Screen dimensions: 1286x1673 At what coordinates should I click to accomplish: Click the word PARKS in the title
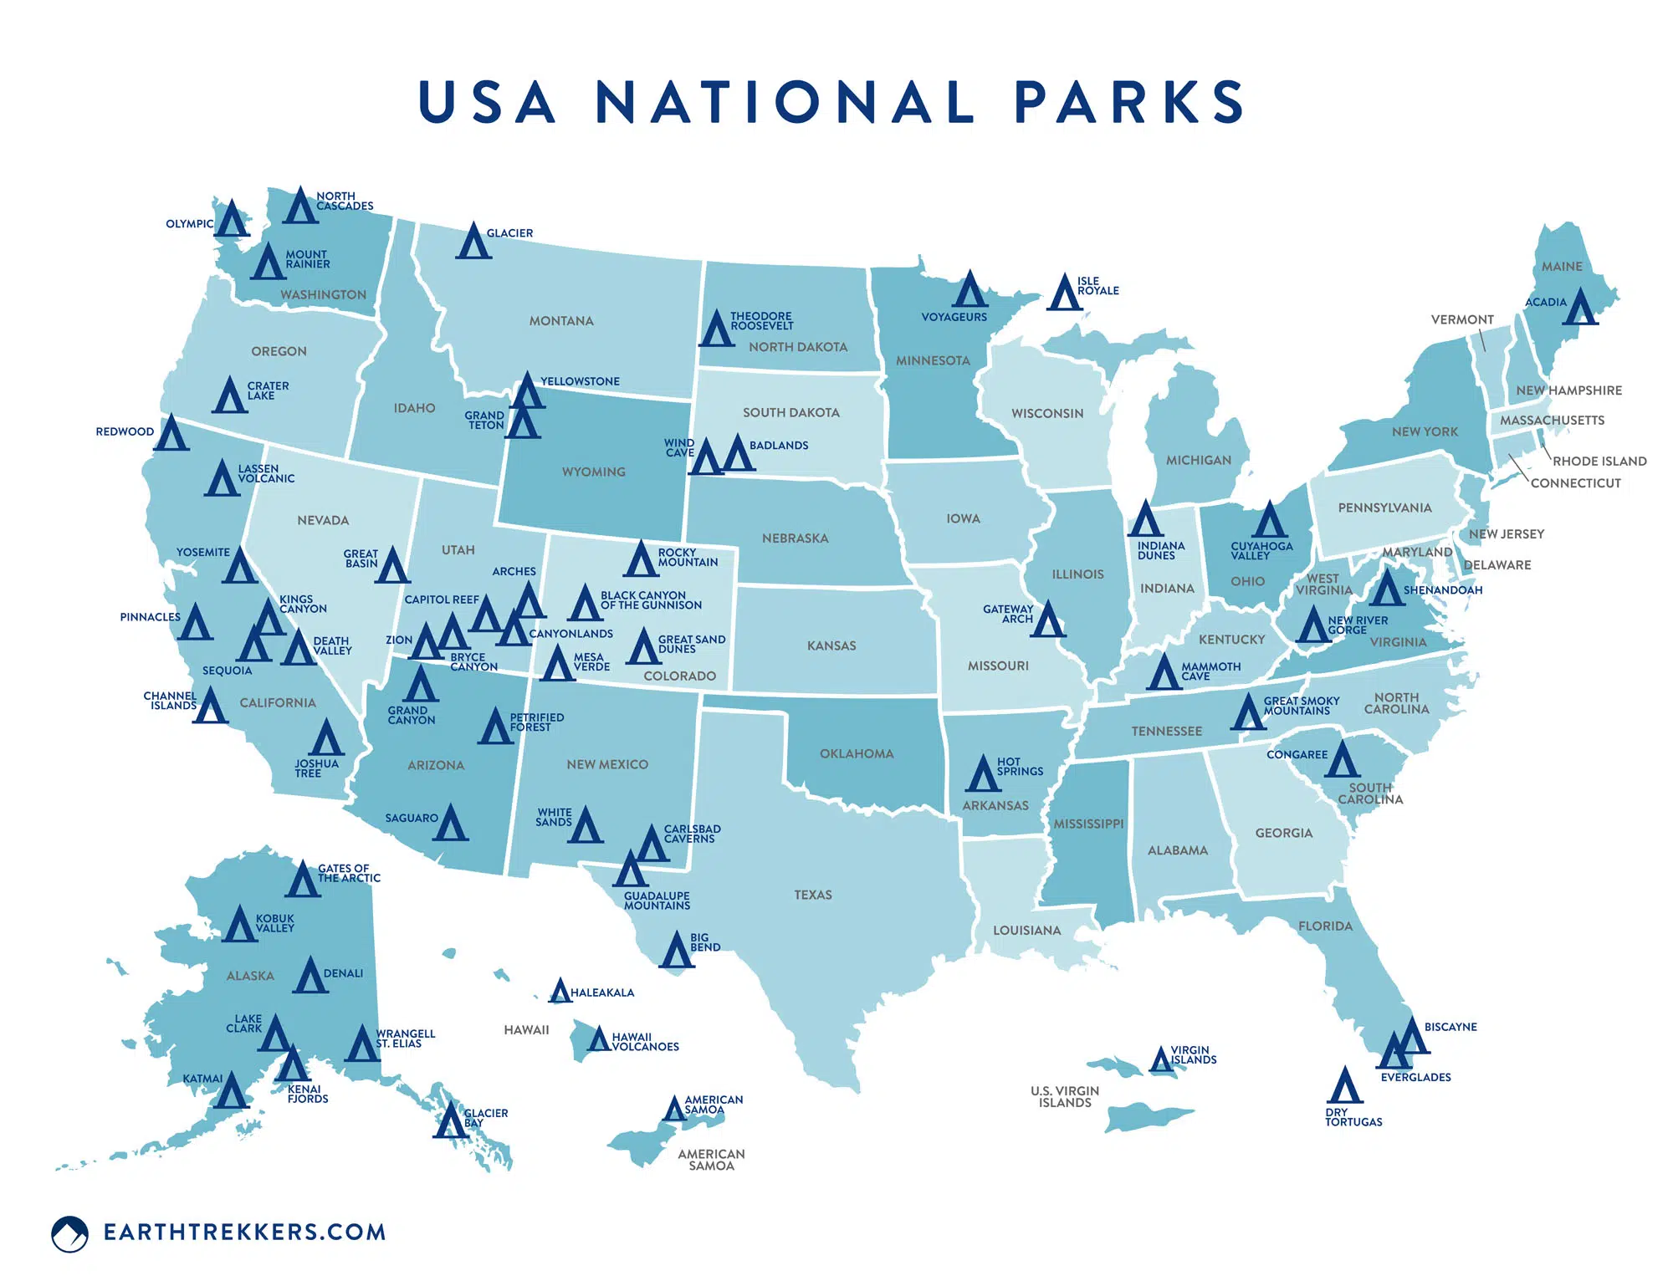[1129, 102]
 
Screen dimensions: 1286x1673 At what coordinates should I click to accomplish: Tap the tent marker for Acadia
[1580, 308]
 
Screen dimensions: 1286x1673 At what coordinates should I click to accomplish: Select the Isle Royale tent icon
[1064, 293]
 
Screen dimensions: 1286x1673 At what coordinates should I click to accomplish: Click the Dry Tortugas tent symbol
[1344, 1086]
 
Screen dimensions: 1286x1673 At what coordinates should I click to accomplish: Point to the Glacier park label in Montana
[509, 233]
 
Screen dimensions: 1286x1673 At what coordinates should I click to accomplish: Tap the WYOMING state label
[593, 472]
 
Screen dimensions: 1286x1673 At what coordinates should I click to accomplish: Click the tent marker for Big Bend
[676, 951]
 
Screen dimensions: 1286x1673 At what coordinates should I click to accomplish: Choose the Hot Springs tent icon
[983, 774]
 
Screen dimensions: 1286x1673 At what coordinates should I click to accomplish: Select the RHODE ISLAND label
[1599, 462]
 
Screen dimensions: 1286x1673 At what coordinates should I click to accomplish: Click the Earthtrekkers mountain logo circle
[69, 1233]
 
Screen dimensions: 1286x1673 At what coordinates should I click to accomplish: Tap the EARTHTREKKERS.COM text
[244, 1232]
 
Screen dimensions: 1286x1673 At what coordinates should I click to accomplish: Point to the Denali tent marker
[310, 976]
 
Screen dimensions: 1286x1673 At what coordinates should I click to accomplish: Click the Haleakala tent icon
[560, 992]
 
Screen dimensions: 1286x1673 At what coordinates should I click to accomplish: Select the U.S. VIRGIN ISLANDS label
[1065, 1097]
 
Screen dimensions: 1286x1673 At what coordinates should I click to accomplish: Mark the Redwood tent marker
[171, 433]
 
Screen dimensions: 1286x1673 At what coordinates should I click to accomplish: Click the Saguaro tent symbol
[450, 823]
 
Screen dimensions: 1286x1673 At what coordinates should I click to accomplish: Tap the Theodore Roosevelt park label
[761, 321]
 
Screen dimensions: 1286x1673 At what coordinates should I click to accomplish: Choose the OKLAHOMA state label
[857, 754]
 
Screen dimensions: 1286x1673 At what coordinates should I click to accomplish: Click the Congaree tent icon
[1342, 759]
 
